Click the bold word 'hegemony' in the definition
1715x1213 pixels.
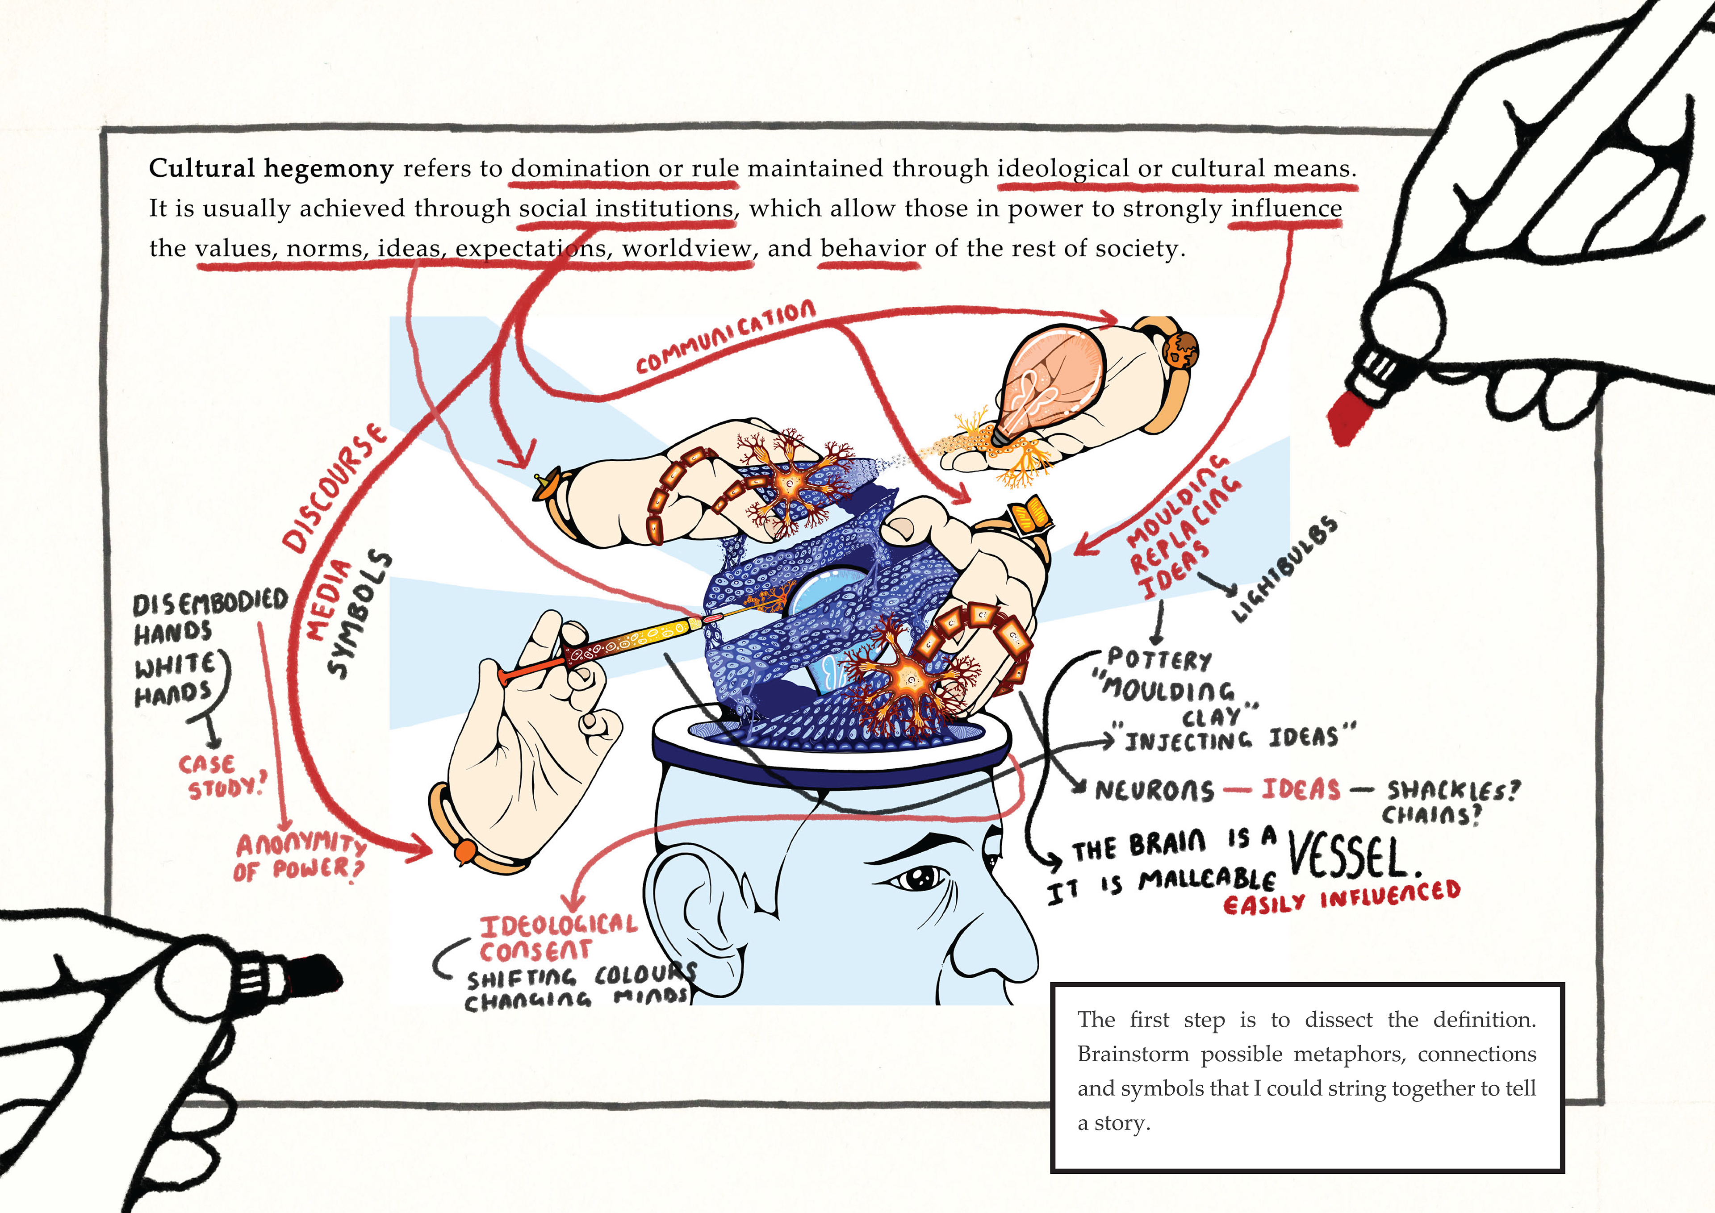coord(328,169)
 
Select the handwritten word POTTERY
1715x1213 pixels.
coord(1158,659)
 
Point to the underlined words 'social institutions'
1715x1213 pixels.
coord(626,208)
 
